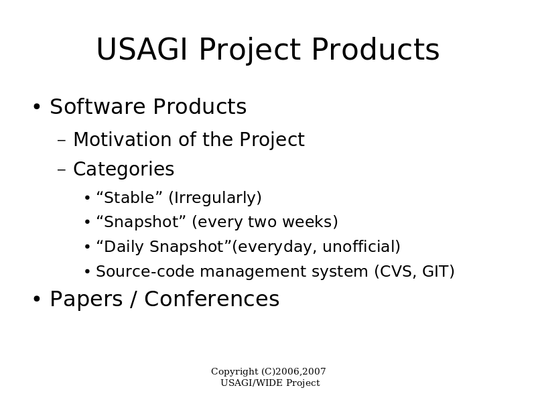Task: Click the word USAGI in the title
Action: [142, 49]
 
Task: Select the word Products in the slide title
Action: [375, 49]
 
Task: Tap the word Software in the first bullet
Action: [98, 107]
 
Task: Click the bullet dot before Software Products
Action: [37, 107]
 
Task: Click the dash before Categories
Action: [62, 170]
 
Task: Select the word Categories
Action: [124, 170]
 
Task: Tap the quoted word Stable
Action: [129, 198]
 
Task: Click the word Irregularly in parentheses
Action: [215, 198]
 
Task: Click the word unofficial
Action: [361, 247]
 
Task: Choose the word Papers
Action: [86, 299]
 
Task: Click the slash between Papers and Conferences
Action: [133, 299]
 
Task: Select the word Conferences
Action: [212, 299]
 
